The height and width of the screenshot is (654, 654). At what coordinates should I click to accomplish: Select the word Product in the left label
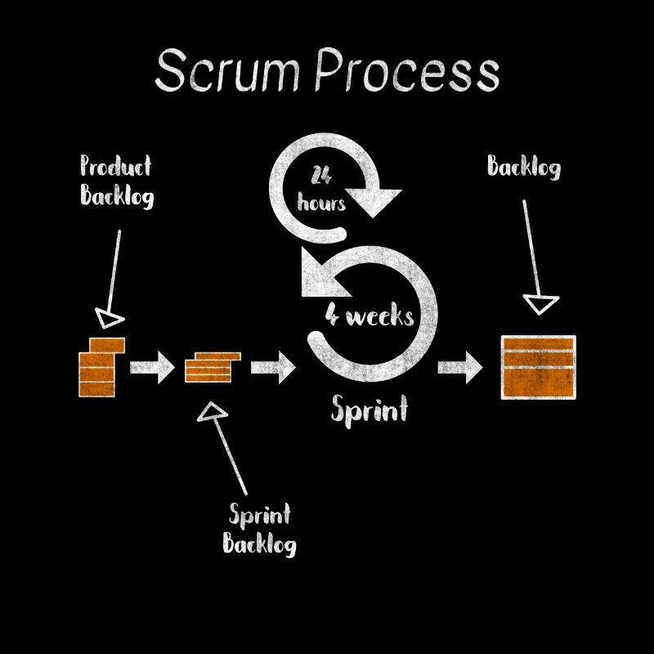115,167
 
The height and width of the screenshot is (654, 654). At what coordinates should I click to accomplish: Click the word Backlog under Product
115,197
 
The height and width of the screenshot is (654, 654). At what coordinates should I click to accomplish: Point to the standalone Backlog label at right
524,168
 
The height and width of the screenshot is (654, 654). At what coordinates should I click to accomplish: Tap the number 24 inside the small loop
320,175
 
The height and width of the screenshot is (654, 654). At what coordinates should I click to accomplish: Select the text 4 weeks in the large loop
370,316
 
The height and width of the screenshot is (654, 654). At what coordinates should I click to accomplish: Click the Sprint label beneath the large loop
369,408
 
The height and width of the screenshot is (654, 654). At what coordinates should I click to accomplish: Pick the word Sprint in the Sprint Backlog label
260,515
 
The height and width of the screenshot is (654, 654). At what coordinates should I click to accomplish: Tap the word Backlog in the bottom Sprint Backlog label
260,543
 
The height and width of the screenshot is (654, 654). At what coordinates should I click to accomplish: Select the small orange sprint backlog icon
212,367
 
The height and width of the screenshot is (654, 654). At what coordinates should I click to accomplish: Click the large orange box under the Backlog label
538,367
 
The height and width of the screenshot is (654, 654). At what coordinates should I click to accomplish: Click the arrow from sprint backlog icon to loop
272,367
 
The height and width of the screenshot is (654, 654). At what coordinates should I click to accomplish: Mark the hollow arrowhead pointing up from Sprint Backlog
213,411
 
